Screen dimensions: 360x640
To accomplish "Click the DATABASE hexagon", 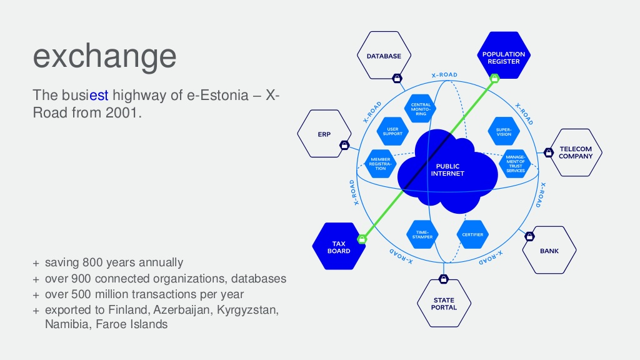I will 384,56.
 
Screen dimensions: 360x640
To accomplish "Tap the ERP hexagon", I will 324,133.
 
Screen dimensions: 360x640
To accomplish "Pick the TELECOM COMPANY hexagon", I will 576,152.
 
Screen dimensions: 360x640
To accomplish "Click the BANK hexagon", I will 549,250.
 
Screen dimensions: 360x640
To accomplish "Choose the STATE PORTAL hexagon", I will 444,304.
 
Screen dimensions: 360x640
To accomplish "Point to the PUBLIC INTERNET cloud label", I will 447,170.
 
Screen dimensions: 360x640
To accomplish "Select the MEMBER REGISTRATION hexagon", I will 381,164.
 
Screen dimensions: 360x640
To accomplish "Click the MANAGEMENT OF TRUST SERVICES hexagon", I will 516,164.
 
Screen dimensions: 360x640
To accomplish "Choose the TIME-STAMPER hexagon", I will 423,234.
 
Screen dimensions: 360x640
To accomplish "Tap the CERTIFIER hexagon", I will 472,234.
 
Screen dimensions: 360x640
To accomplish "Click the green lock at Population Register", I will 494,79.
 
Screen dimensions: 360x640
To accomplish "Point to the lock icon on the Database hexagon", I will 396,79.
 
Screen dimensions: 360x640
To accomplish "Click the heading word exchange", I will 104,56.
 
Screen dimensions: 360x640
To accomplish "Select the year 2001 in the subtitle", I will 119,113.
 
